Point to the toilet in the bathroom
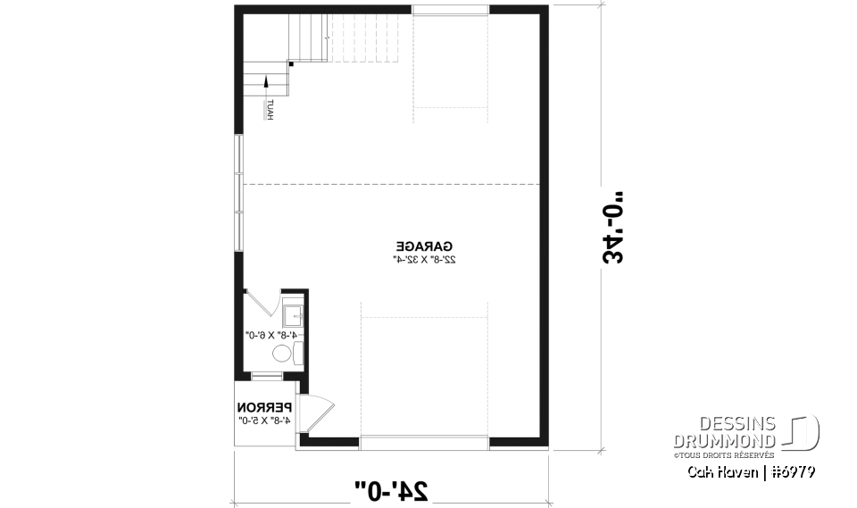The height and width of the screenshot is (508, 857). tap(284, 354)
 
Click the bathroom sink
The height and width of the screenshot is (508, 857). tap(294, 314)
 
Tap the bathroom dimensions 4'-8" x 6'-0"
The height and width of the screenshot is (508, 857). tap(271, 334)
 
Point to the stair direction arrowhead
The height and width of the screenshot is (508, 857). tap(267, 82)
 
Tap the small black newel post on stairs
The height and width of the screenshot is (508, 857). tap(291, 63)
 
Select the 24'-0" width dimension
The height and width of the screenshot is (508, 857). tap(391, 489)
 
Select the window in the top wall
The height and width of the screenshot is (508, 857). tap(450, 10)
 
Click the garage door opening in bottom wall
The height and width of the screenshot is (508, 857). tap(424, 438)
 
